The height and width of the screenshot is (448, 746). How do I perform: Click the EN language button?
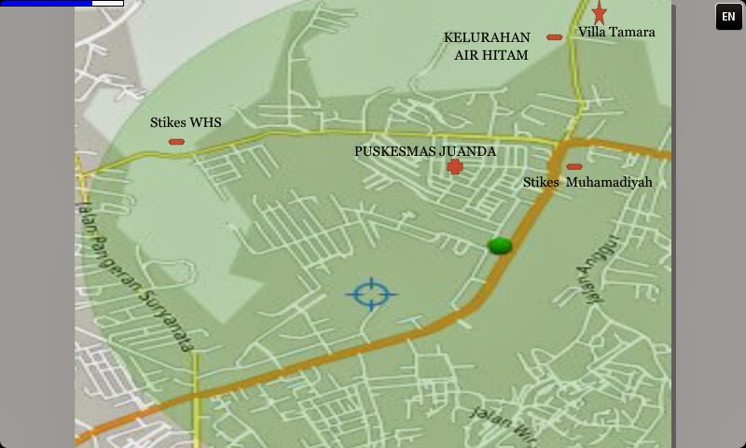728,17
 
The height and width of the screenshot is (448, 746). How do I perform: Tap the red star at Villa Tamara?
600,12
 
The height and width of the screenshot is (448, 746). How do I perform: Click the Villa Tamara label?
616,32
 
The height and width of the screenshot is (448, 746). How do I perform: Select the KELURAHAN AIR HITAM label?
488,47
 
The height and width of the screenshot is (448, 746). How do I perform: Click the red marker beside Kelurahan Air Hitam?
554,37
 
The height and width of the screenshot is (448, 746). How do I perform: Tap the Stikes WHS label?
186,122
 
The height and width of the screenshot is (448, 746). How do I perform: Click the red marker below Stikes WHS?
176,142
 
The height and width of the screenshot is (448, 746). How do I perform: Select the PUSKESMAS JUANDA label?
425,151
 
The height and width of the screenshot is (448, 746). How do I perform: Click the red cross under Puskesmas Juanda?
455,167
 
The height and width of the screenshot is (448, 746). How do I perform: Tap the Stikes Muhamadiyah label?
587,183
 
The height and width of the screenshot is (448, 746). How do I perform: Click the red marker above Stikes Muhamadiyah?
573,167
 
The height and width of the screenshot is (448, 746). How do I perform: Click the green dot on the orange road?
500,245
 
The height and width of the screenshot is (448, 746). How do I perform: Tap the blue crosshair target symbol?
371,294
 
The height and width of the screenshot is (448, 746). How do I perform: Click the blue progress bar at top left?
47,4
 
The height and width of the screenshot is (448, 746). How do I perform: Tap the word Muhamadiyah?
609,183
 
